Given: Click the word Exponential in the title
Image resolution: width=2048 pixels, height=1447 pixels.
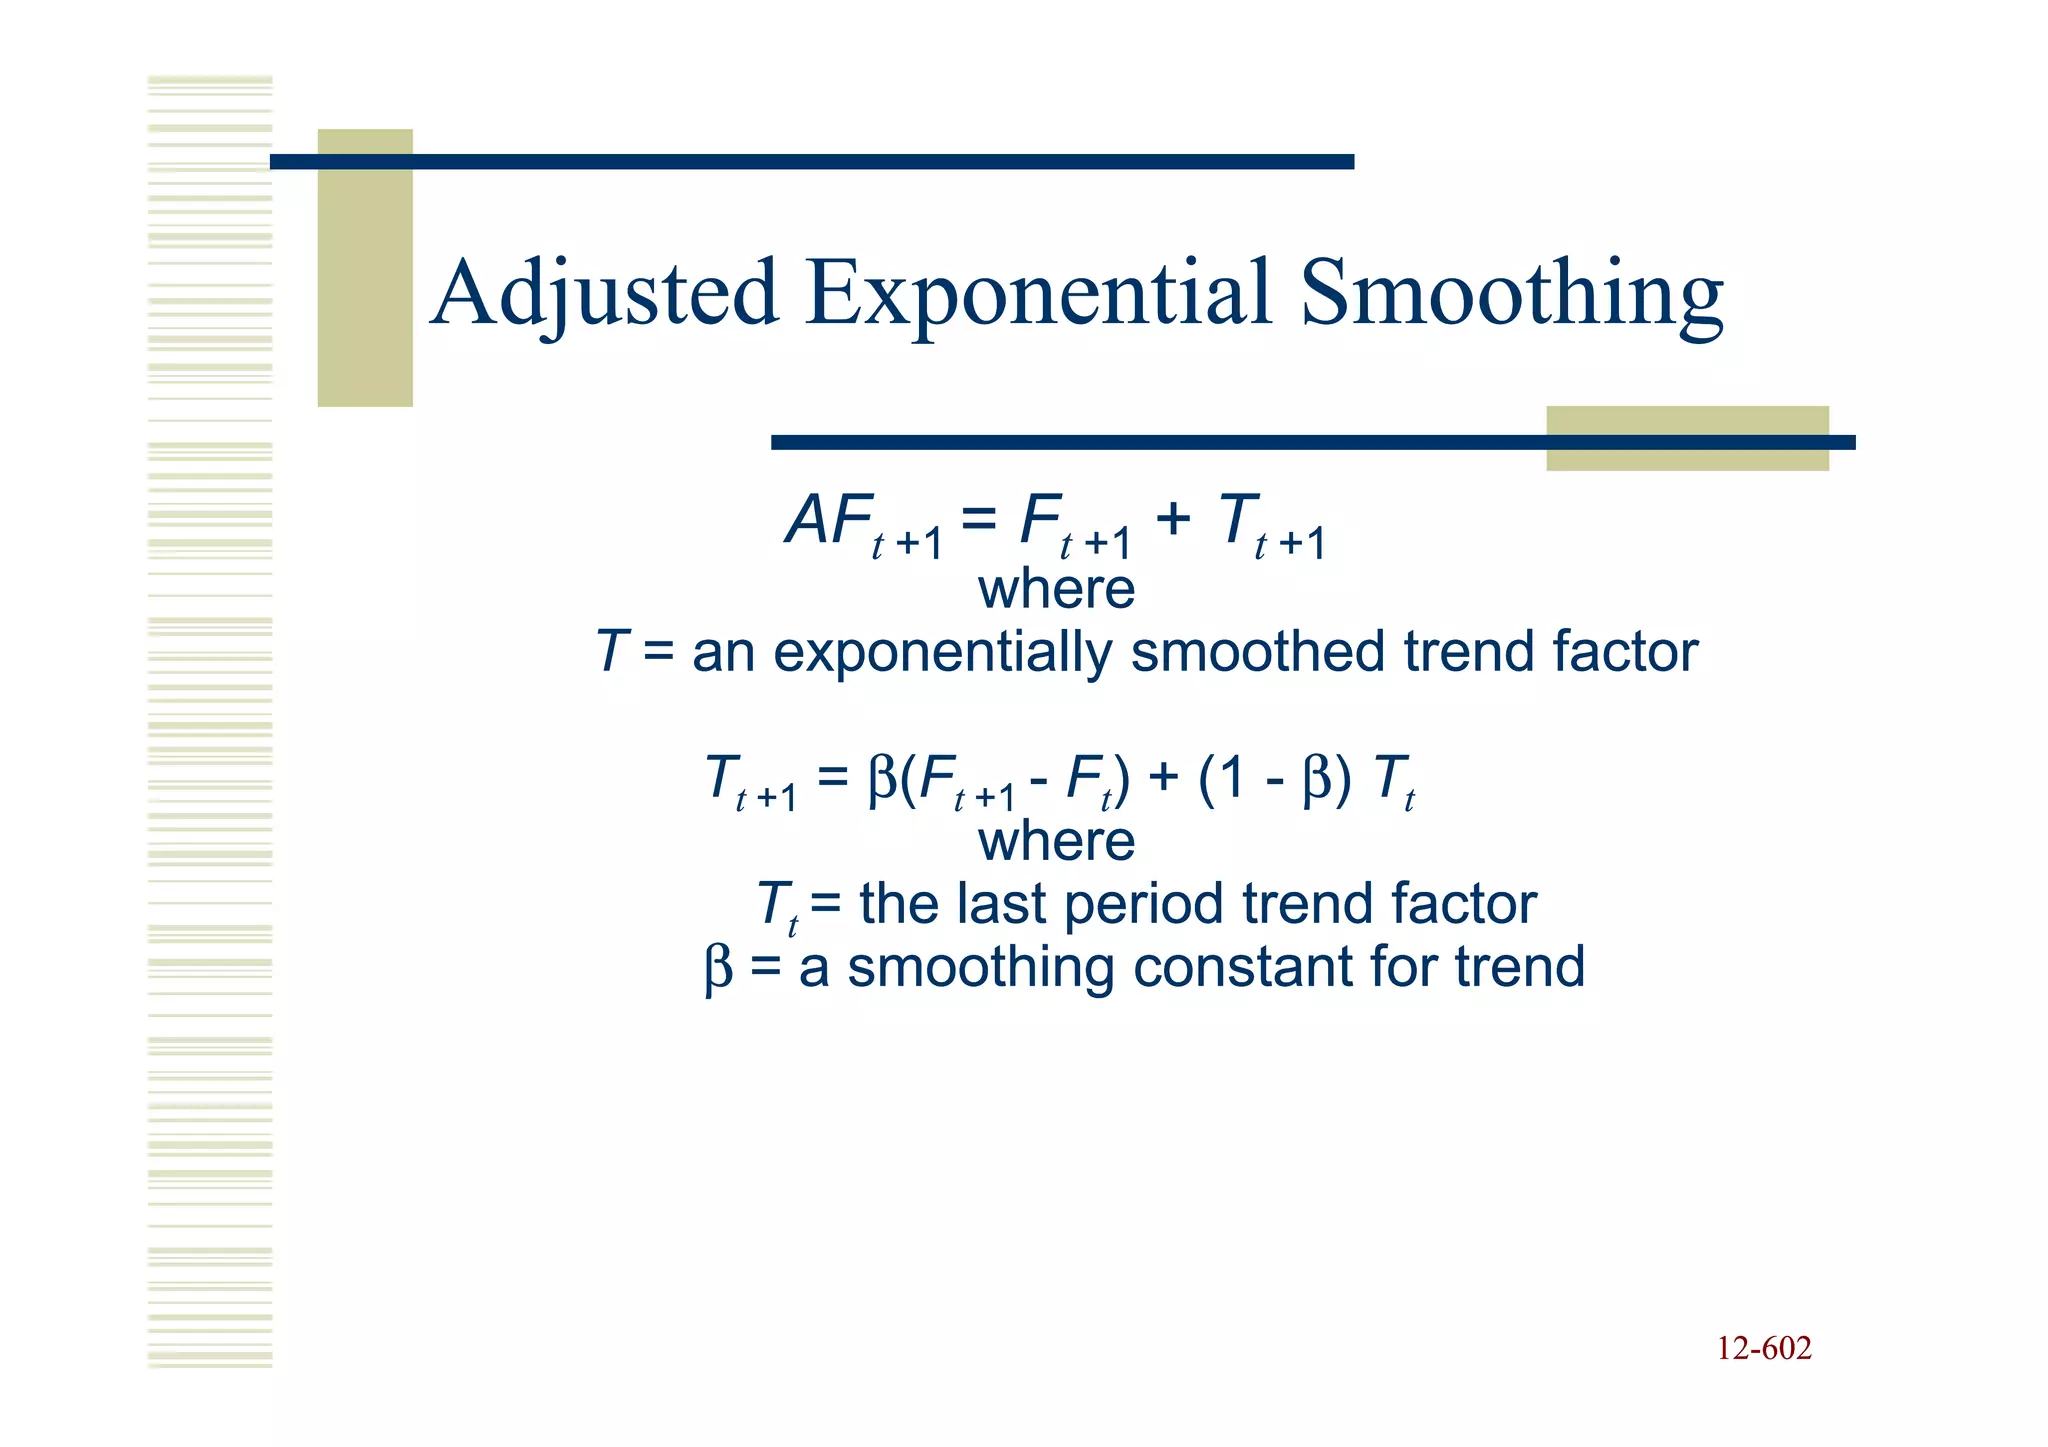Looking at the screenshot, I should pos(1038,294).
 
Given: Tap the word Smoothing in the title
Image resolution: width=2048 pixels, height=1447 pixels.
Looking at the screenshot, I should pos(1511,294).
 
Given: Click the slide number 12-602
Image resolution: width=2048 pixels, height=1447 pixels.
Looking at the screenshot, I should pos(1764,1349).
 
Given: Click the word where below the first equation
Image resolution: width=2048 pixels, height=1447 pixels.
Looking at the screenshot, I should pos(1056,589).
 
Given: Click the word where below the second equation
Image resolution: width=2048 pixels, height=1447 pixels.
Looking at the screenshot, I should pos(1056,841).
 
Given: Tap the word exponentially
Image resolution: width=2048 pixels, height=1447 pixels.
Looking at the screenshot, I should pos(941,653).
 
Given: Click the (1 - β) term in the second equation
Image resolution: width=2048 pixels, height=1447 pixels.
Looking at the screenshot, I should pos(1274,778).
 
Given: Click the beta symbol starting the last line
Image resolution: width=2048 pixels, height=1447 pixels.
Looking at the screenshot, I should pos(718,969).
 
